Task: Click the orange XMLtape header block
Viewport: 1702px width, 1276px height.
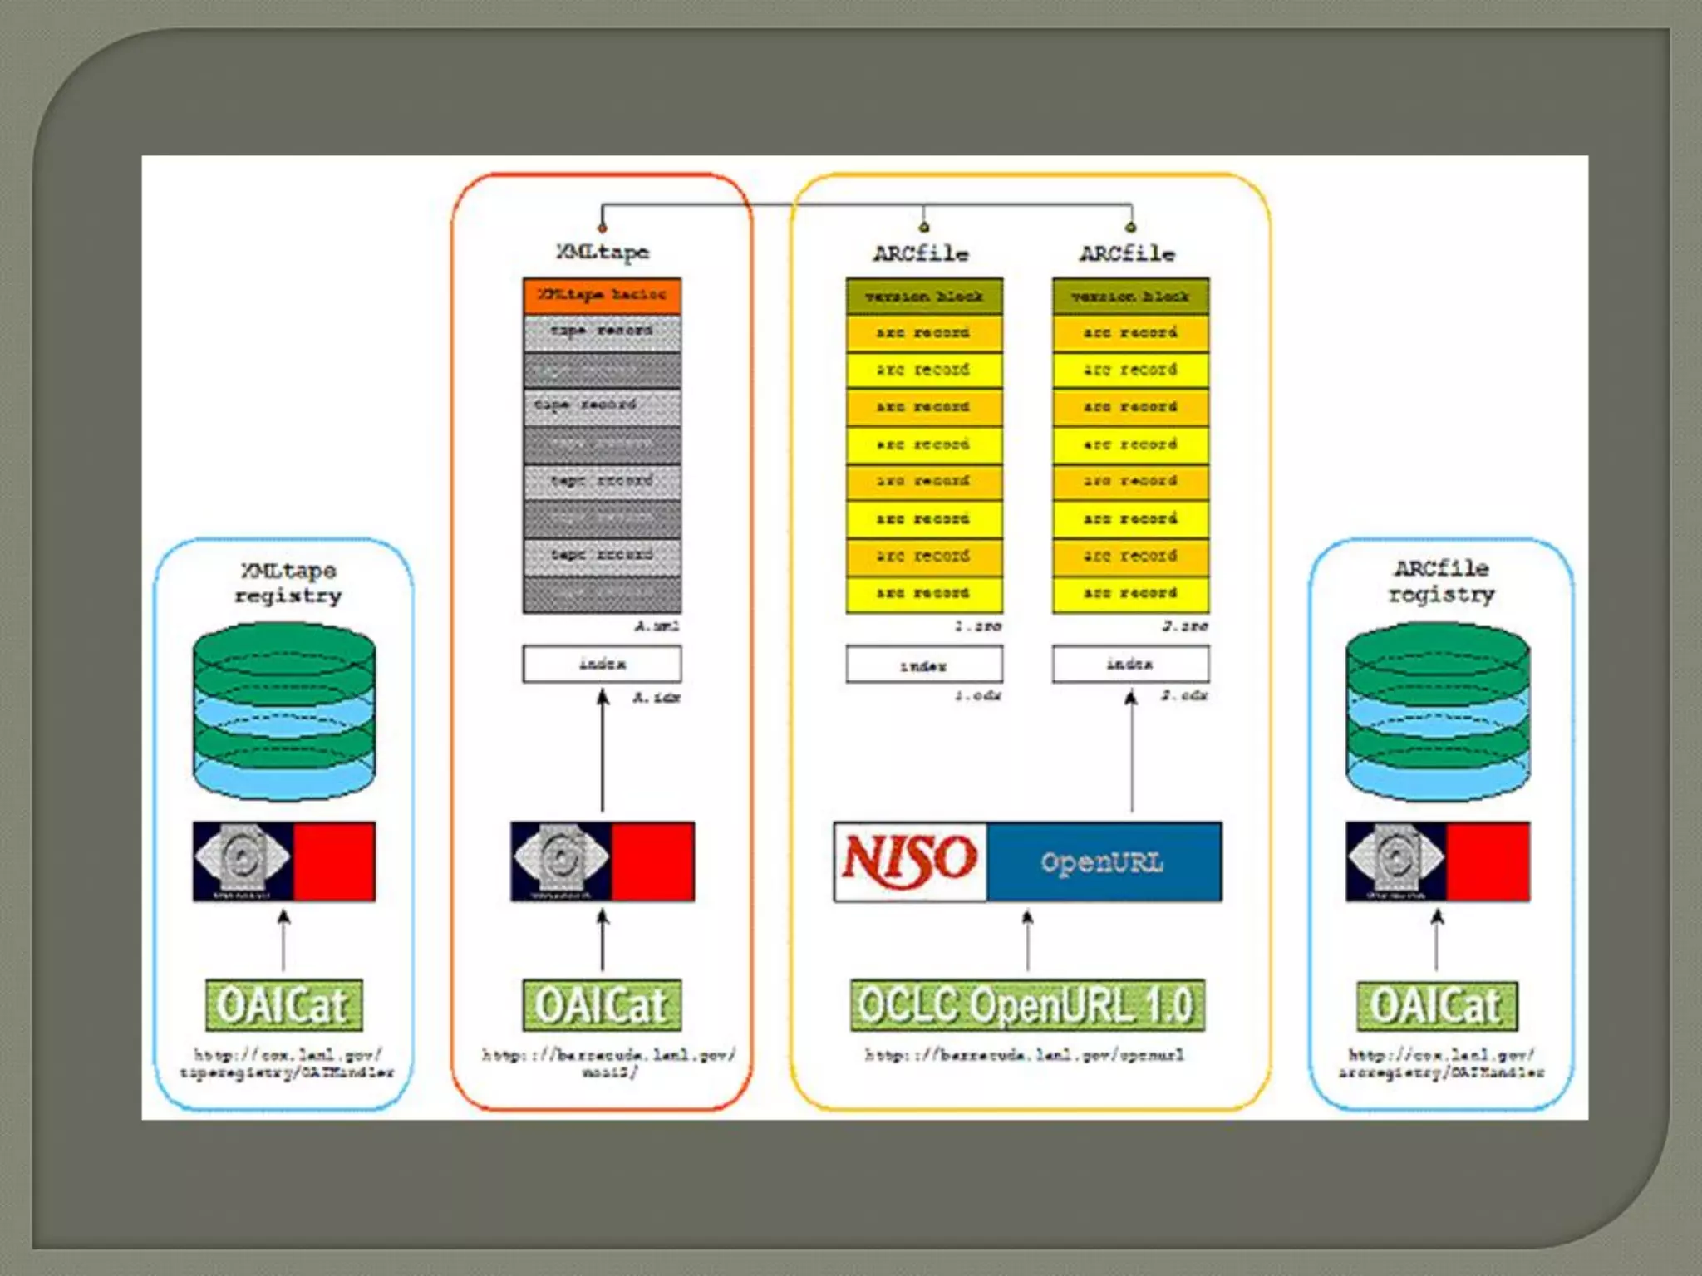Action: pyautogui.click(x=602, y=296)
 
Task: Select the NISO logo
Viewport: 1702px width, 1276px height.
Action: pyautogui.click(x=910, y=861)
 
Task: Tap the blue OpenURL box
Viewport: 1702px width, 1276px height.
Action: pyautogui.click(x=1104, y=861)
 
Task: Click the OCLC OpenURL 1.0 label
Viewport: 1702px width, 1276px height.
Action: pyautogui.click(x=1026, y=1005)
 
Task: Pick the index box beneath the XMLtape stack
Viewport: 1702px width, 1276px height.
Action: pyautogui.click(x=602, y=664)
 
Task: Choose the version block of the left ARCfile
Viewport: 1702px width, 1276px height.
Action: pyautogui.click(x=923, y=296)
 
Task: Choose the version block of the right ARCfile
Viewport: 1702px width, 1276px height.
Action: pyautogui.click(x=1130, y=296)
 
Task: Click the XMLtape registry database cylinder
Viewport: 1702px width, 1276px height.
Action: pyautogui.click(x=284, y=711)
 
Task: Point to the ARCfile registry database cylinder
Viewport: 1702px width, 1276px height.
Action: pyautogui.click(x=1437, y=711)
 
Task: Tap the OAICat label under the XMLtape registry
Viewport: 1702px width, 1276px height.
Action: pyautogui.click(x=283, y=1005)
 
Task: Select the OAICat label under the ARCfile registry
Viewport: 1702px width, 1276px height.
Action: pyautogui.click(x=1436, y=1005)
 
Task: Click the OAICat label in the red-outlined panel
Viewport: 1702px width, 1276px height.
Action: pyautogui.click(x=602, y=1005)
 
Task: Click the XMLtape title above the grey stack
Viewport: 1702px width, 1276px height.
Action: pyautogui.click(x=603, y=252)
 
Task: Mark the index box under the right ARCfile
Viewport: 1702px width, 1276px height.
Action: pyautogui.click(x=1130, y=664)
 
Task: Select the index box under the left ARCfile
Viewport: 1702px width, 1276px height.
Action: pyautogui.click(x=923, y=665)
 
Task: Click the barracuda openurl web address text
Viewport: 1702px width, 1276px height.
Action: pyautogui.click(x=1025, y=1055)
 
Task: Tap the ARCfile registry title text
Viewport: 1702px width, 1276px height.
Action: pyautogui.click(x=1441, y=582)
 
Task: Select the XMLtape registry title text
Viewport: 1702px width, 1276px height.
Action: pyautogui.click(x=288, y=582)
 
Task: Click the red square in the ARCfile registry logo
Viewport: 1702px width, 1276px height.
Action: pyautogui.click(x=1488, y=861)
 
